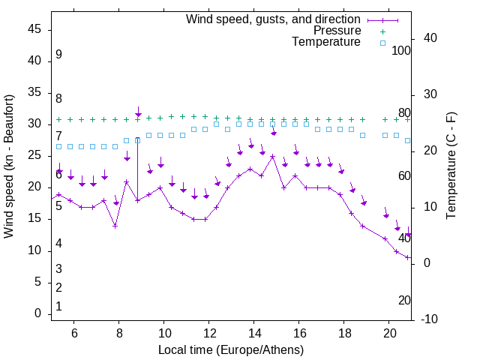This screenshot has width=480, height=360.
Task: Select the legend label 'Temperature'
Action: pyautogui.click(x=326, y=43)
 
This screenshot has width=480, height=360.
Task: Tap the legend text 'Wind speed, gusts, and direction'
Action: pyautogui.click(x=274, y=19)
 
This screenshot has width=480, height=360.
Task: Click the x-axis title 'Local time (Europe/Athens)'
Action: pyautogui.click(x=231, y=350)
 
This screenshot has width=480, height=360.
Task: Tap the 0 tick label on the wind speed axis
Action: pyautogui.click(x=38, y=314)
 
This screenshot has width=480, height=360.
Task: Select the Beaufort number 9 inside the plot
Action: pyautogui.click(x=58, y=55)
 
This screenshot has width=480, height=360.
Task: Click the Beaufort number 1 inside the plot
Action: pyautogui.click(x=58, y=306)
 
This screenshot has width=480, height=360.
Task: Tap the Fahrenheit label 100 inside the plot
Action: pyautogui.click(x=401, y=50)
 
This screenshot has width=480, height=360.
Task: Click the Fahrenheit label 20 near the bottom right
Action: pyautogui.click(x=404, y=300)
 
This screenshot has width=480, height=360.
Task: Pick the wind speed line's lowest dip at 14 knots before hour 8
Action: pyautogui.click(x=115, y=226)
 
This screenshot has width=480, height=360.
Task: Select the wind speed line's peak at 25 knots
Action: pyautogui.click(x=273, y=157)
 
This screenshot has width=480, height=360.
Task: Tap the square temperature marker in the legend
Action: pyautogui.click(x=382, y=43)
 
